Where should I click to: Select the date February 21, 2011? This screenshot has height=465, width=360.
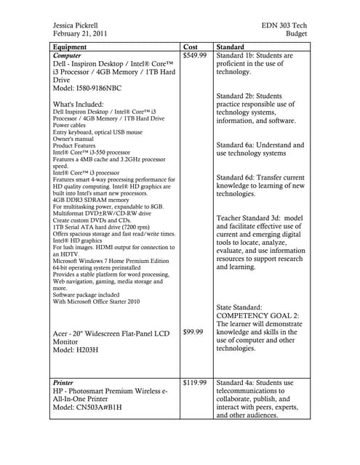(80, 34)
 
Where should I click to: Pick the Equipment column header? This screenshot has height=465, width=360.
(75, 46)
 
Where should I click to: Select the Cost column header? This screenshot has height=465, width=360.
(191, 46)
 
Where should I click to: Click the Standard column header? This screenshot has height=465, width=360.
(231, 46)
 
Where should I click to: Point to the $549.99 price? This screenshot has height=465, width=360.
(195, 55)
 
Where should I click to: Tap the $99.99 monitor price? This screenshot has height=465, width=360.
(193, 332)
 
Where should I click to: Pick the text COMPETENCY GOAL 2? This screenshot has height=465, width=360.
(260, 316)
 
